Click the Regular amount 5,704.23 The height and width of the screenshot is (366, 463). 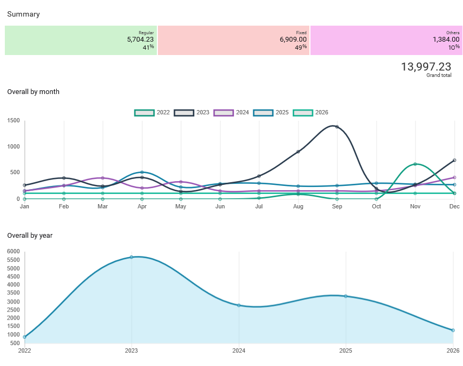coord(140,40)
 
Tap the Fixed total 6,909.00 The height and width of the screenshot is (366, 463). coord(293,40)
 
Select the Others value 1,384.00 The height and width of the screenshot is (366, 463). coord(446,40)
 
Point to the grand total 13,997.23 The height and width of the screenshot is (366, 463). coord(426,67)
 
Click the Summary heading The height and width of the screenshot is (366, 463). coord(24,14)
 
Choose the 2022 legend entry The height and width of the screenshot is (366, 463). coord(152,113)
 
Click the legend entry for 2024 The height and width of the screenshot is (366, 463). coord(231,113)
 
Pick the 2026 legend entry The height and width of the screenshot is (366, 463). coord(310,113)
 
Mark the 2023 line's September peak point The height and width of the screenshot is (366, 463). coord(337,127)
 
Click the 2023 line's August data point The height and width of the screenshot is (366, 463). coord(298,152)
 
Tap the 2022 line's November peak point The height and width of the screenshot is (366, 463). coord(415,164)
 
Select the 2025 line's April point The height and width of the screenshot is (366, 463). coord(142,173)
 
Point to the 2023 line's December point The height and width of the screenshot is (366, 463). coord(454,160)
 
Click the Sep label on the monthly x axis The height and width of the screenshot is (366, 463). coord(337,206)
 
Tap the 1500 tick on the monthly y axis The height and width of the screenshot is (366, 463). coord(13,121)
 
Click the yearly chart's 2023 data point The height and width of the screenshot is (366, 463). coord(132,257)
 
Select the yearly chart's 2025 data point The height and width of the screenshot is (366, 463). coord(346,296)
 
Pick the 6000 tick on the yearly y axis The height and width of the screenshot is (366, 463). coord(13,251)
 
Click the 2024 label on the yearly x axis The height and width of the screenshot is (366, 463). coord(239,351)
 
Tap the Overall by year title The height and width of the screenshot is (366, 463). coord(30,236)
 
